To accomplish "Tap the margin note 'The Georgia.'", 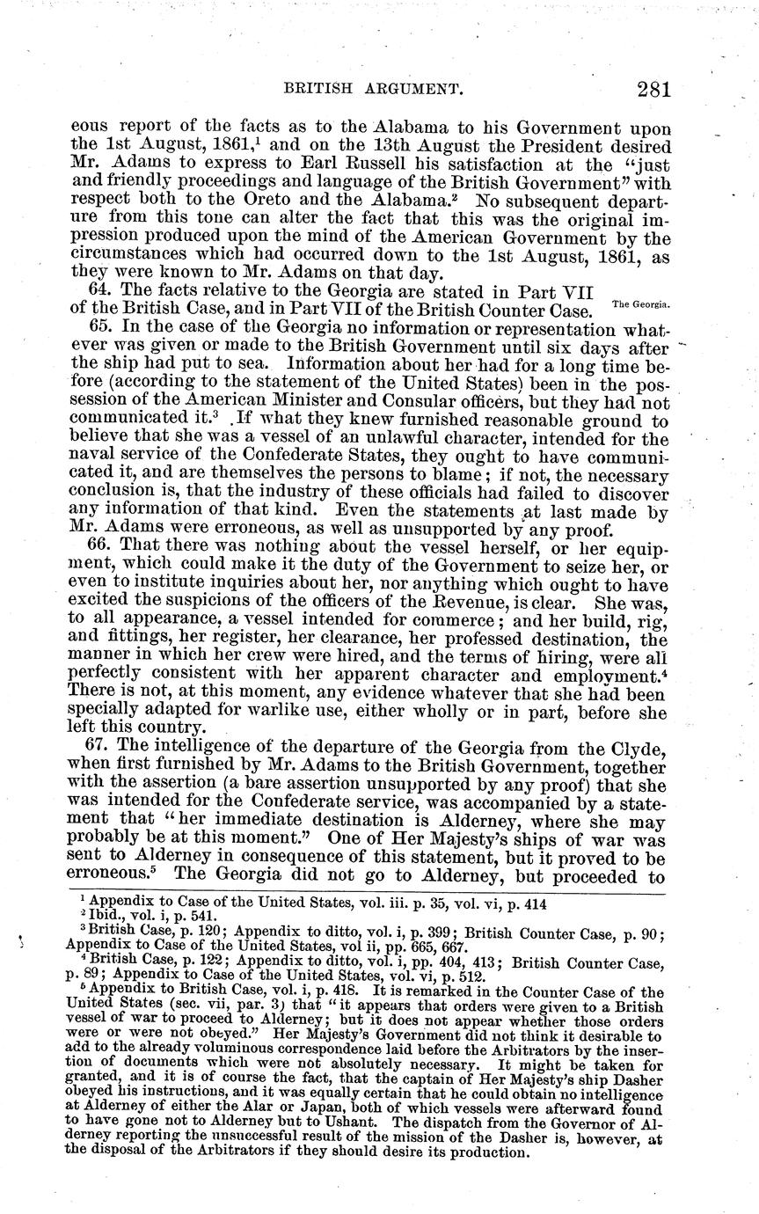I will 640,304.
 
